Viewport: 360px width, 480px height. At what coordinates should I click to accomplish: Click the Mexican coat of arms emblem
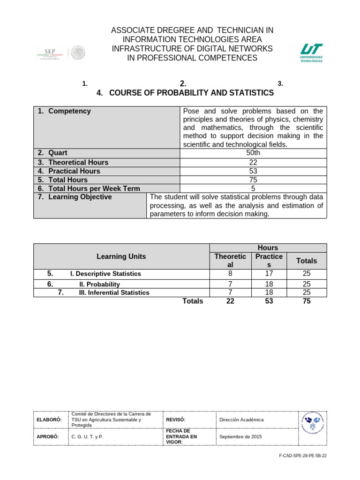click(78, 52)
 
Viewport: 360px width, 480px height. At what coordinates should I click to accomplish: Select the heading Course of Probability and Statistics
click(191, 93)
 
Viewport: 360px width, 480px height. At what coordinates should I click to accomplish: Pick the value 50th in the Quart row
click(253, 153)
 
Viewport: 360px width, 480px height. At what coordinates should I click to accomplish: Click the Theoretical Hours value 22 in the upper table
click(253, 162)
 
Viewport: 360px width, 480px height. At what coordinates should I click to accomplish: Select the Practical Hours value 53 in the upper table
click(253, 171)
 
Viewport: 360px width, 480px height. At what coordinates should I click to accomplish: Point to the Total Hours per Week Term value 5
click(253, 188)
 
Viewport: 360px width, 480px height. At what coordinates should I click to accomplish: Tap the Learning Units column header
click(121, 256)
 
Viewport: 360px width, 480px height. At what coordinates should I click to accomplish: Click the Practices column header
click(269, 261)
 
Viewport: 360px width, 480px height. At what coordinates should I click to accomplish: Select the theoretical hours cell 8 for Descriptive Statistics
click(230, 274)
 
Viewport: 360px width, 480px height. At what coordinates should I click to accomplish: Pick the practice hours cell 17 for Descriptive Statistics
click(269, 274)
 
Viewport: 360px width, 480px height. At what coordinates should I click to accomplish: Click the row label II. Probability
click(99, 284)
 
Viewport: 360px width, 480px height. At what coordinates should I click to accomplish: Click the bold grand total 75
click(306, 301)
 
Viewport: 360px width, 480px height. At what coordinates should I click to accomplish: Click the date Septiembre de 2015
click(240, 436)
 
